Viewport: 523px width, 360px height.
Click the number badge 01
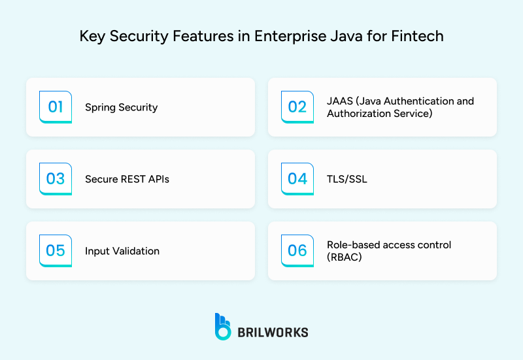point(56,106)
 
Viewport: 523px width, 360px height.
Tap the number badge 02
point(297,106)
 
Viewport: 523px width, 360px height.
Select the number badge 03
point(56,178)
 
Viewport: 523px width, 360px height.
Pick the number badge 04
point(297,178)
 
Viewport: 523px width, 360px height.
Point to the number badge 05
point(56,250)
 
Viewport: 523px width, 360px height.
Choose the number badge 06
point(297,250)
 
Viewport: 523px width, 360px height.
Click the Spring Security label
point(121,107)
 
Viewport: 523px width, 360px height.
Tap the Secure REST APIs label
point(127,179)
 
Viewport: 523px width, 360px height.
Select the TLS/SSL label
point(347,179)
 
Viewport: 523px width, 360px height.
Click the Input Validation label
point(122,251)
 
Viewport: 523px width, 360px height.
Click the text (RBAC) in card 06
point(344,257)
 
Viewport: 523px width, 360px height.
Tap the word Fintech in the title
point(418,36)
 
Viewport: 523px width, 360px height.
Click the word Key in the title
point(92,36)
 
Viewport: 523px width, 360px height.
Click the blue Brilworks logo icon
point(223,326)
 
